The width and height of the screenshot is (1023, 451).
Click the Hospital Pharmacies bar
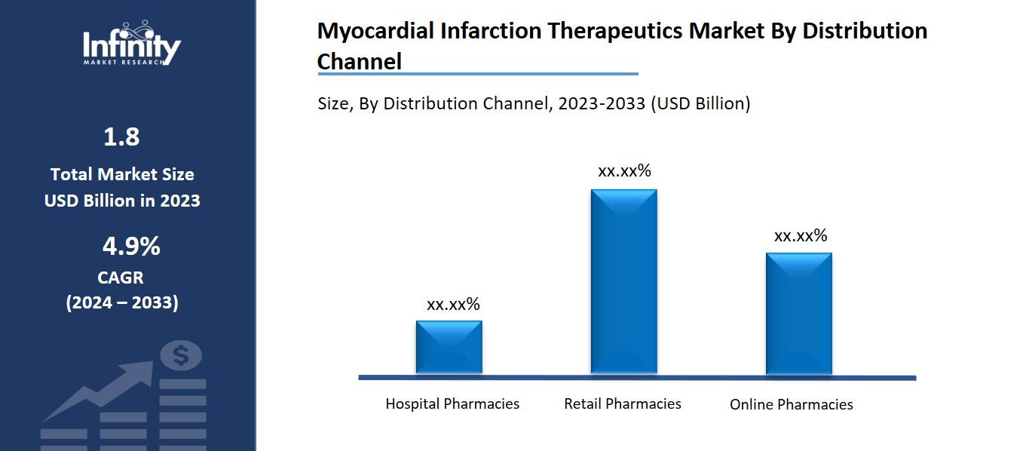point(449,347)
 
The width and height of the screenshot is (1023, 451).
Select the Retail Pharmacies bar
point(623,281)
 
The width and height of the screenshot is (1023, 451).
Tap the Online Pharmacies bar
point(798,313)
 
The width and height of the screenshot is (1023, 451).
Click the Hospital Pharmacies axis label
point(452,403)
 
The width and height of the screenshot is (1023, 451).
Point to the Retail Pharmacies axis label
point(622,403)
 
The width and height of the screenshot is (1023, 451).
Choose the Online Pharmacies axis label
point(791,404)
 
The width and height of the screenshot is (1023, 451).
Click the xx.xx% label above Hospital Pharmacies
point(453,305)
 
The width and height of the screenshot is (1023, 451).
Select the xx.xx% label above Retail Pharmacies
point(624,171)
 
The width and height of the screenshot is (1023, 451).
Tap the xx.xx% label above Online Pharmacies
point(801,236)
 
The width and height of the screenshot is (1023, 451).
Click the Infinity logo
point(131,45)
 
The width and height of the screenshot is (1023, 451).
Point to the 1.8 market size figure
point(121,137)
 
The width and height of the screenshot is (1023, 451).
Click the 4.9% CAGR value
point(131,246)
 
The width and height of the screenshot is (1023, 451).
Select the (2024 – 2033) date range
point(122,302)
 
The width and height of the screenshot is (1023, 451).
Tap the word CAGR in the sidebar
point(121,278)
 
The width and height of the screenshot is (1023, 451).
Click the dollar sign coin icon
point(180,355)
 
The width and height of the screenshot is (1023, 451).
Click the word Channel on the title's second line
point(359,61)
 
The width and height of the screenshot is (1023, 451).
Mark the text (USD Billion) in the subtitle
point(700,103)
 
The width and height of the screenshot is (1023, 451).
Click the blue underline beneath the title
point(477,74)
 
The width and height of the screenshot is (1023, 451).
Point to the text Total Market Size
point(122,174)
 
